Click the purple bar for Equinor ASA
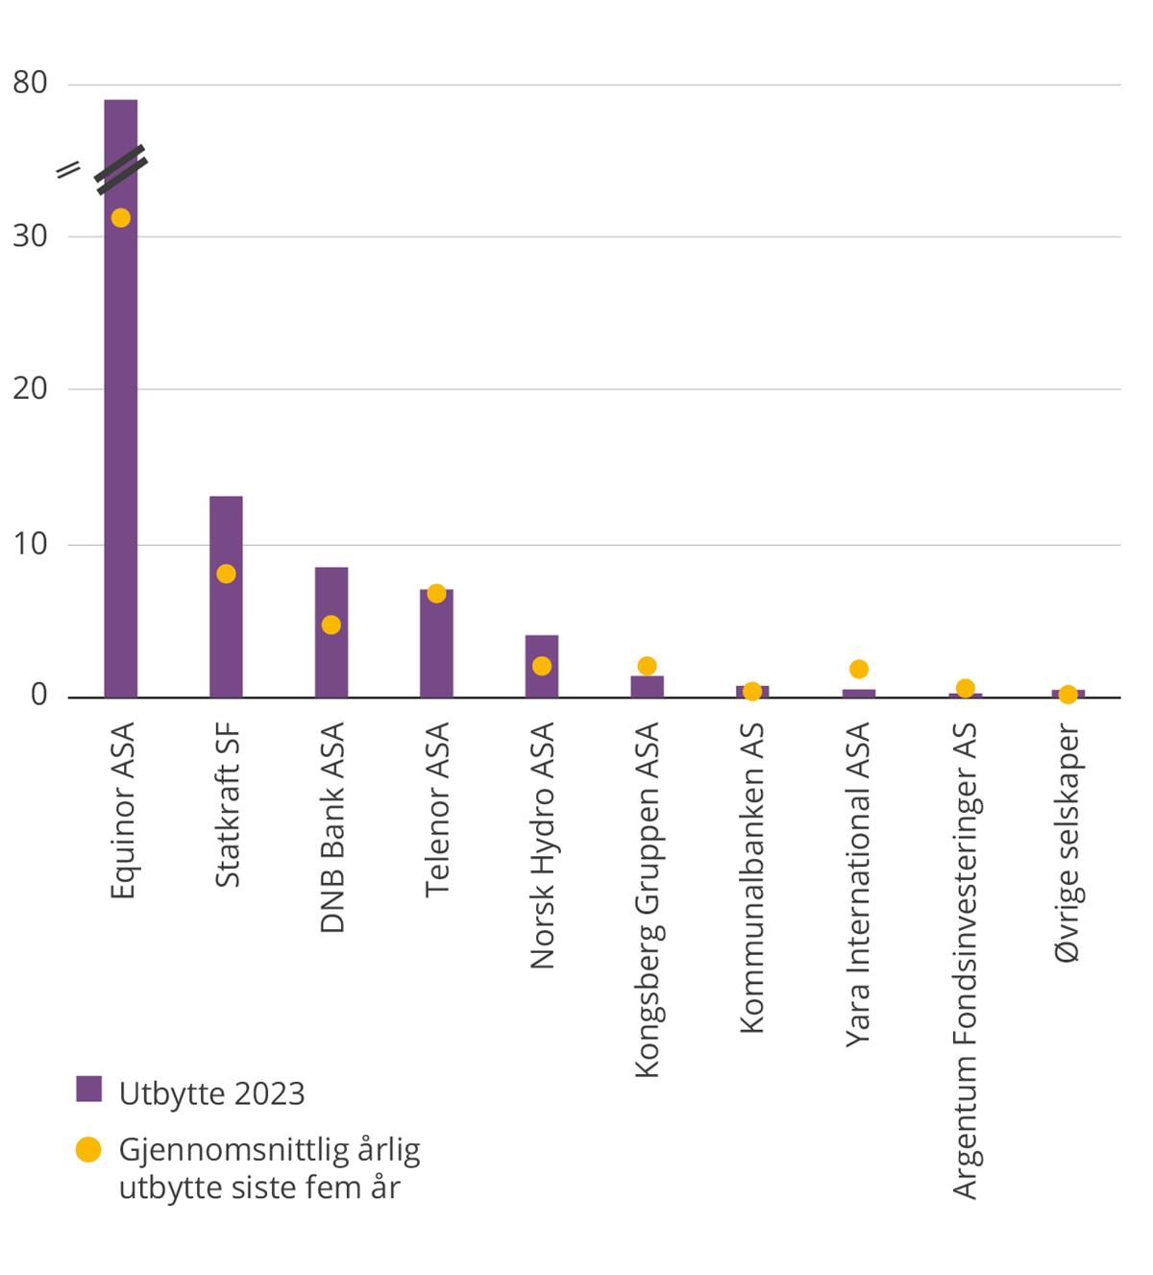[x=121, y=432]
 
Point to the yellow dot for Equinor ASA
[x=120, y=218]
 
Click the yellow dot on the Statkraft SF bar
[x=226, y=574]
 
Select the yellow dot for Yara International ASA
[x=859, y=669]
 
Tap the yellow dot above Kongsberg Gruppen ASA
[x=647, y=666]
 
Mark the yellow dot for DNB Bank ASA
[x=331, y=625]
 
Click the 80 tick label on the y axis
[x=30, y=84]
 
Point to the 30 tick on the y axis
[x=30, y=236]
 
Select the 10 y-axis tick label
[x=30, y=544]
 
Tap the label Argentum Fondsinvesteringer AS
[x=965, y=961]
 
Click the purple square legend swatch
[x=88, y=1089]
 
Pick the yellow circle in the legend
[x=88, y=1149]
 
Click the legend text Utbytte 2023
[x=211, y=1093]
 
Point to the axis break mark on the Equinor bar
[x=121, y=169]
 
